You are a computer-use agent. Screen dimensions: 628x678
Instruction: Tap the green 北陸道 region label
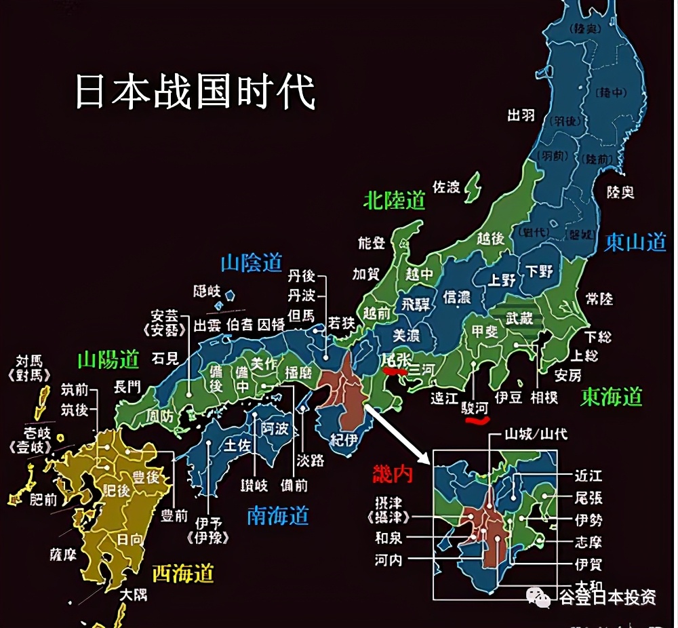pos(394,200)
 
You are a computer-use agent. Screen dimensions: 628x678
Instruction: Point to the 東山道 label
pos(635,241)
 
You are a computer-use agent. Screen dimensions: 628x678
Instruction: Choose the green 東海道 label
pos(612,397)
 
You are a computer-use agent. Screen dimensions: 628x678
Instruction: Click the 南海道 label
pos(278,516)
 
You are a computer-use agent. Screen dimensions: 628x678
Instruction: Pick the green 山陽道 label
pos(108,359)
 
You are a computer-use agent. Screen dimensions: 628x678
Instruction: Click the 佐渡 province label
pos(446,187)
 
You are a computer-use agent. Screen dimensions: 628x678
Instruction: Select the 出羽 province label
pos(521,115)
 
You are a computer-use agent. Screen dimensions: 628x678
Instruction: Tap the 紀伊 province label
pos(343,439)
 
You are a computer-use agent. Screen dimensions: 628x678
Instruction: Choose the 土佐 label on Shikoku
pos(238,446)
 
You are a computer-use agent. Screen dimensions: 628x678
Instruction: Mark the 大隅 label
pos(133,595)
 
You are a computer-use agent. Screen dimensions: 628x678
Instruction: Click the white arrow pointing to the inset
pos(400,434)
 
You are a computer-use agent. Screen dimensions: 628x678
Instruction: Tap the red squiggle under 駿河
pos(477,420)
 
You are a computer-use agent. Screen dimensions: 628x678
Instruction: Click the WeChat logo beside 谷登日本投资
pos(540,597)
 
